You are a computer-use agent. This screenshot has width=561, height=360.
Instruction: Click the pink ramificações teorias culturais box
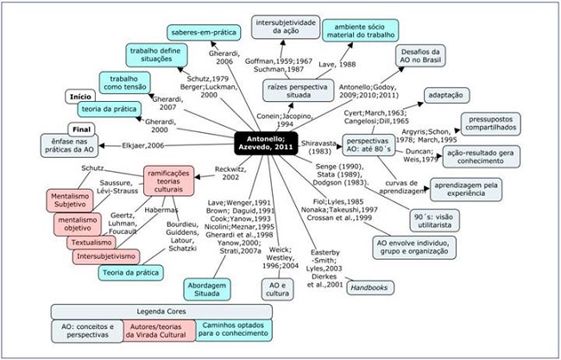click(167, 181)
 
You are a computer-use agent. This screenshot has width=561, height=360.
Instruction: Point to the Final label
click(88, 129)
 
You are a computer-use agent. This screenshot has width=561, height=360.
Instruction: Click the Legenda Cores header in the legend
click(161, 312)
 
